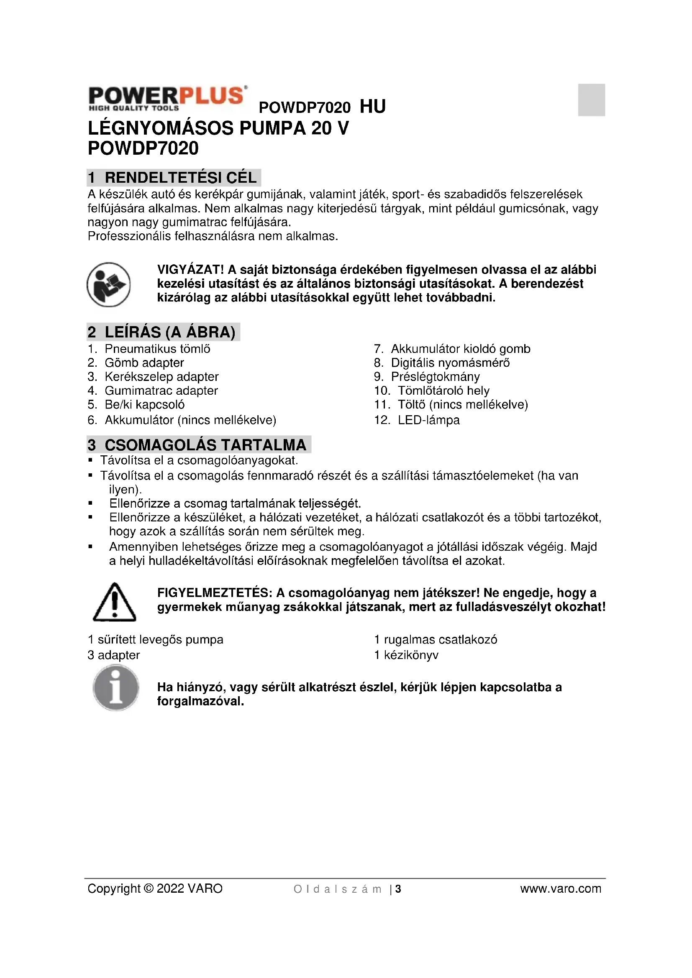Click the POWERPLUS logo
tap(167, 98)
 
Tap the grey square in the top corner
tap(591, 100)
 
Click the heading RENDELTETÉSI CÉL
tap(180, 178)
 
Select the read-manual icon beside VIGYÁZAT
tap(108, 285)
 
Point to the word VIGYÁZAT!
tap(190, 270)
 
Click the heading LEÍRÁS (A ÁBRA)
tap(169, 332)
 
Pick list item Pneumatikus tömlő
tap(157, 349)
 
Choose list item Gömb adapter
tap(144, 363)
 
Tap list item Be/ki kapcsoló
tap(144, 405)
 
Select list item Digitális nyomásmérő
tap(450, 363)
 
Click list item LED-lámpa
tap(428, 420)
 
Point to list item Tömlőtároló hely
tap(443, 391)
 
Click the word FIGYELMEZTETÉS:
tap(215, 593)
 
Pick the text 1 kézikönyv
tap(406, 655)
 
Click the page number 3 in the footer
tap(398, 889)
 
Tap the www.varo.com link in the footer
tap(560, 889)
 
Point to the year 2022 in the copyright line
tap(170, 889)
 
